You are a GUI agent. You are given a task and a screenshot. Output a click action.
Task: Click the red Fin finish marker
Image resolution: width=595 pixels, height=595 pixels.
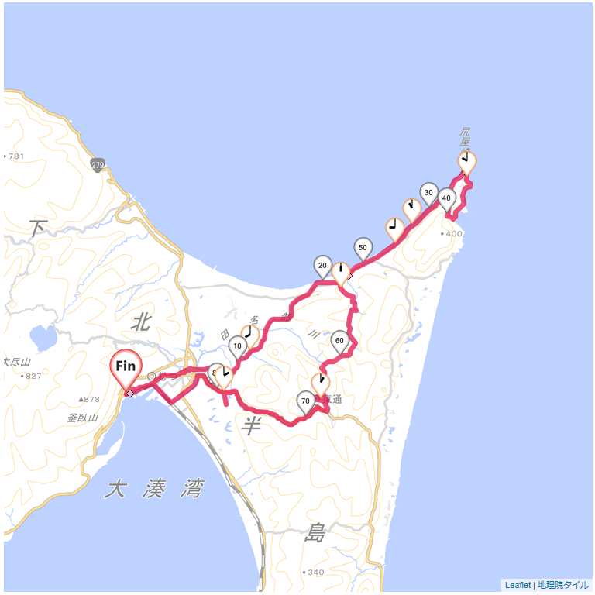(x=126, y=366)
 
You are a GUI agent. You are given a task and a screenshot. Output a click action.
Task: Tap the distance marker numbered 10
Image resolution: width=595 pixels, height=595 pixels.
(x=238, y=345)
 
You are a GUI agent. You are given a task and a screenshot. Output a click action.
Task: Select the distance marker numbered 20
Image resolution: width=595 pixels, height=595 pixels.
(x=322, y=265)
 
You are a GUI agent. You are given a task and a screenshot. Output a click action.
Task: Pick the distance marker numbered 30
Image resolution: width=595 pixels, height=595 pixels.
(x=428, y=192)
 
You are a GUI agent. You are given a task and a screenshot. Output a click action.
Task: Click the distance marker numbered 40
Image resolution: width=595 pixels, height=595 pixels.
(x=446, y=198)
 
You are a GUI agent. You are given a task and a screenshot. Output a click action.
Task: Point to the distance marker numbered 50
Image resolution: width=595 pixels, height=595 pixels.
(x=363, y=247)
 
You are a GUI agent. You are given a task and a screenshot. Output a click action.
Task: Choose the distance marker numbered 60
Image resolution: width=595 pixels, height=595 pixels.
(x=339, y=340)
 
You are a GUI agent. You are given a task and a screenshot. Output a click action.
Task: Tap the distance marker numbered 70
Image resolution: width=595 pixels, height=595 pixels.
(x=306, y=401)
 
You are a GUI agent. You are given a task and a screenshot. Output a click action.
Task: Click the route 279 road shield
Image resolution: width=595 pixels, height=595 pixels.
(x=97, y=166)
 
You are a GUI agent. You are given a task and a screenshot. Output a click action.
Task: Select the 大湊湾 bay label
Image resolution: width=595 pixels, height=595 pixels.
(x=154, y=489)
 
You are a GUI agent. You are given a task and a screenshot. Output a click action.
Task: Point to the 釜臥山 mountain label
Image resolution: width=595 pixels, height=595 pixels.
(x=82, y=418)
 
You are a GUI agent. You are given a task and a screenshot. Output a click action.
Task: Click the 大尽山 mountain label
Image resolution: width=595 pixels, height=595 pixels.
(x=16, y=362)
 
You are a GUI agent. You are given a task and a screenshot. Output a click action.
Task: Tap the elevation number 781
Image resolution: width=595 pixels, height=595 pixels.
(x=16, y=156)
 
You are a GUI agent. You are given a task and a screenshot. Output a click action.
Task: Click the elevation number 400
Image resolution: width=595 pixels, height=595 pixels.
(x=453, y=233)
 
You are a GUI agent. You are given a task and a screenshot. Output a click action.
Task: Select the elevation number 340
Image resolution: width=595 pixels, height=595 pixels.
(x=315, y=573)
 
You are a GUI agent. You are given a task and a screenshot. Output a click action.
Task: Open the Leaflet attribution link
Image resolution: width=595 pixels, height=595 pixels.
(x=518, y=585)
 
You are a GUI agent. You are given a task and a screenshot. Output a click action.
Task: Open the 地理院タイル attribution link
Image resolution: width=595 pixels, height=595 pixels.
(x=563, y=585)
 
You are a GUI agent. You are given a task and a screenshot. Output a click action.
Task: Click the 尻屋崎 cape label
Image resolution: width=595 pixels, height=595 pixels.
(x=465, y=139)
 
